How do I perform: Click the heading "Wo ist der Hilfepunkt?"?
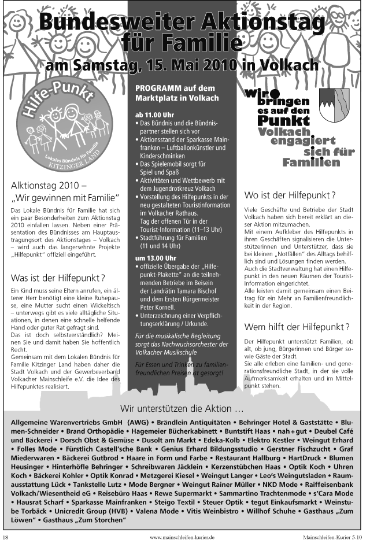click(290, 195)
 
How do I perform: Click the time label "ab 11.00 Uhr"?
click(154, 114)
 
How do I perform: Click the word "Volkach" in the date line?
click(288, 64)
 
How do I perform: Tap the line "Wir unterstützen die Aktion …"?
click(182, 409)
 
